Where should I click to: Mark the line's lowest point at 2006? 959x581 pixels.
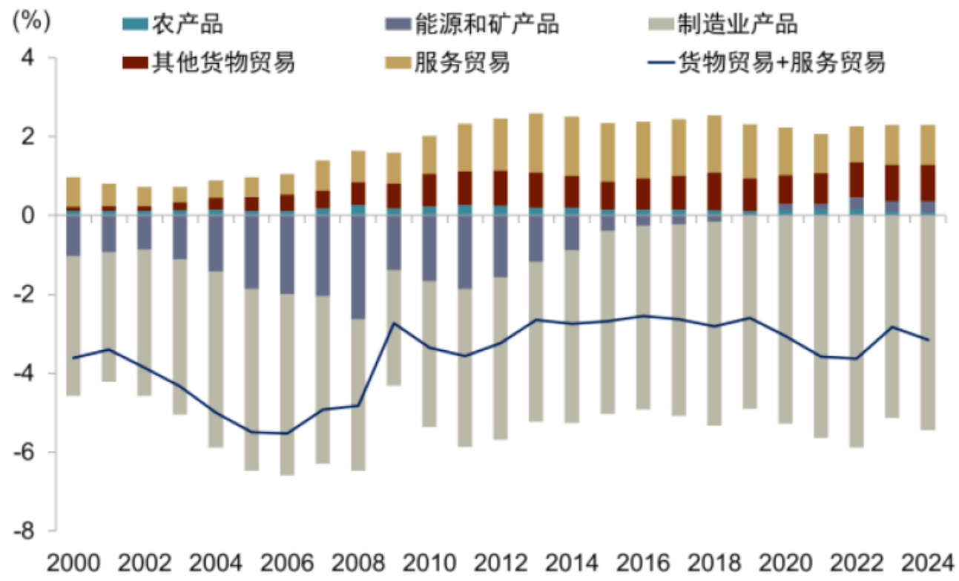pos(287,433)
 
